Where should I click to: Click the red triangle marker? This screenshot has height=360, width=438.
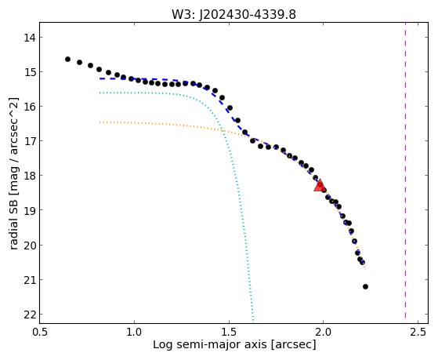pyautogui.click(x=319, y=186)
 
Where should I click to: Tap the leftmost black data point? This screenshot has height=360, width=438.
pyautogui.click(x=67, y=60)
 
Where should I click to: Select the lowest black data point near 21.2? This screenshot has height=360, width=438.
pyautogui.click(x=365, y=287)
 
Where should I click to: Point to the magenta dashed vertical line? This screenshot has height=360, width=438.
pyautogui.click(x=405, y=173)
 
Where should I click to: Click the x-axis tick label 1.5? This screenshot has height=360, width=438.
pyautogui.click(x=229, y=333)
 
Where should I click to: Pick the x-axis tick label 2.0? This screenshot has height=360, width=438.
pyautogui.click(x=323, y=333)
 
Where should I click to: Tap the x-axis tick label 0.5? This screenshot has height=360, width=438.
pyautogui.click(x=40, y=333)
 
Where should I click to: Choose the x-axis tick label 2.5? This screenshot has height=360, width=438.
pyautogui.click(x=418, y=333)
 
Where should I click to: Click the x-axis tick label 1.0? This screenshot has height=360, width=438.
pyautogui.click(x=134, y=333)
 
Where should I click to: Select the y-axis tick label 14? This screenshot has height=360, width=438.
pyautogui.click(x=29, y=38)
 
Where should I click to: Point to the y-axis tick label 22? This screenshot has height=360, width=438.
pyautogui.click(x=29, y=315)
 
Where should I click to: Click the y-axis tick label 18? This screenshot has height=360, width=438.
pyautogui.click(x=29, y=176)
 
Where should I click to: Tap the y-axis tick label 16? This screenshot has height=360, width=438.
pyautogui.click(x=29, y=107)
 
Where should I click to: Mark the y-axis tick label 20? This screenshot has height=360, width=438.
pyautogui.click(x=29, y=245)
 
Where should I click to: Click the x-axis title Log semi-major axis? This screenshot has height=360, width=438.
pyautogui.click(x=210, y=345)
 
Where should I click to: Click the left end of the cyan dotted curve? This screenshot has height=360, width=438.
pyautogui.click(x=100, y=93)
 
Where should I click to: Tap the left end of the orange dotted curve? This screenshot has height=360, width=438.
pyautogui.click(x=100, y=122)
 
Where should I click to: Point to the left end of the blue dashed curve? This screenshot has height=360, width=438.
pyautogui.click(x=100, y=79)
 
